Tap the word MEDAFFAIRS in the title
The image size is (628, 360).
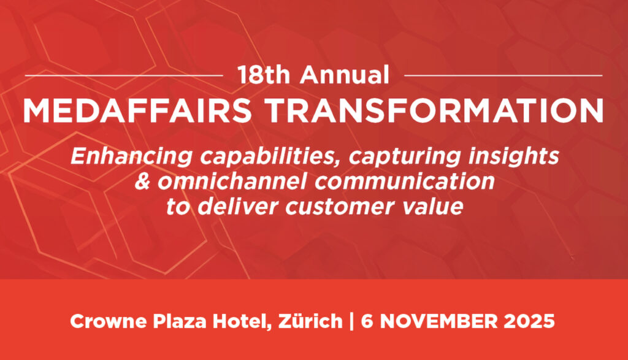(x=137, y=110)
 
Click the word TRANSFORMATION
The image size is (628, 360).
(x=434, y=110)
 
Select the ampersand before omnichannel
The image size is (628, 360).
(x=142, y=182)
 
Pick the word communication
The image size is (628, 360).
(x=405, y=182)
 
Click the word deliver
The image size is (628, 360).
(x=238, y=207)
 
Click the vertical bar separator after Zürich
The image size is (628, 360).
(x=351, y=321)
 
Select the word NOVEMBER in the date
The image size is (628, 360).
(x=438, y=321)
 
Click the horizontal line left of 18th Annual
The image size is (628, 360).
(x=124, y=75)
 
